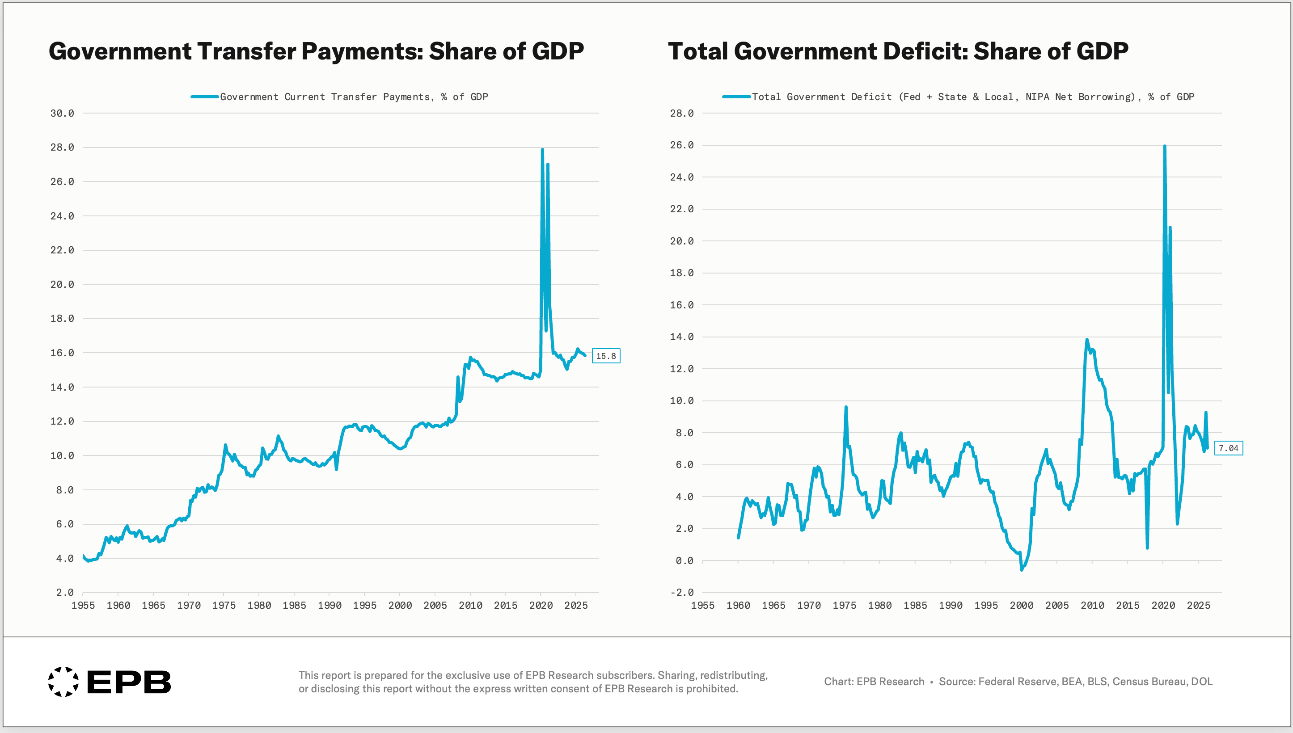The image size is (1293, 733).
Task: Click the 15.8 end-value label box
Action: [606, 356]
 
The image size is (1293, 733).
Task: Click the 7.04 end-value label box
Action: [1229, 448]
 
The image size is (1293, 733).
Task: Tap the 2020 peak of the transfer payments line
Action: [542, 150]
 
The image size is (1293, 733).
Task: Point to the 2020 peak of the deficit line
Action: [1165, 146]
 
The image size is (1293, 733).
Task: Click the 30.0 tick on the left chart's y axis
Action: [62, 113]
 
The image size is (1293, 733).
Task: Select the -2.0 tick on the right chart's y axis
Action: [682, 593]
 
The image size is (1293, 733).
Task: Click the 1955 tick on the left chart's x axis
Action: [83, 605]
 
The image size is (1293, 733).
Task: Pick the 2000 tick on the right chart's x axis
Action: [1022, 605]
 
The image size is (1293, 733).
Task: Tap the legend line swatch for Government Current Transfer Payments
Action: [204, 97]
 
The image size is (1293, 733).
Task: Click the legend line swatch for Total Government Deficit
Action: [737, 97]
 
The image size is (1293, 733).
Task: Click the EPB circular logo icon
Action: [63, 682]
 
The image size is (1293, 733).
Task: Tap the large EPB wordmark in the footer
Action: [129, 682]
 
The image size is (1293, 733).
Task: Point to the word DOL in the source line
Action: [1201, 682]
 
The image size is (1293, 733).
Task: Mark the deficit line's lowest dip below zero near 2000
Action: [1022, 570]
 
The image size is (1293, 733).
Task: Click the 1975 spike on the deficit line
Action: [846, 407]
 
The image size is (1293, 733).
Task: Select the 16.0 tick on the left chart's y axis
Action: [62, 353]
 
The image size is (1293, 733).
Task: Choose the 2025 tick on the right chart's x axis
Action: [1198, 605]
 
